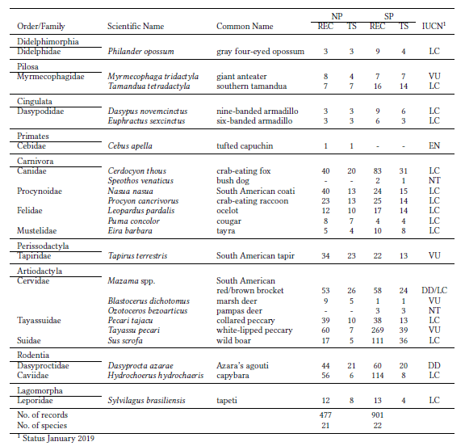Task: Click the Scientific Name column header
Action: tap(136, 27)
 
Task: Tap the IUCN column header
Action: tap(434, 27)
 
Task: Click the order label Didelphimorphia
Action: tap(48, 41)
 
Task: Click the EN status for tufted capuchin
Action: tap(433, 145)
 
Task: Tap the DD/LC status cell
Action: tap(433, 289)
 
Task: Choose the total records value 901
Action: tap(377, 414)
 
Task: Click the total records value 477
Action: tap(325, 414)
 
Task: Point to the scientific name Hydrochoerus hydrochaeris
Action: tap(157, 376)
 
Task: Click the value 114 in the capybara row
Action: tap(377, 376)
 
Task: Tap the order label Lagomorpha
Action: tap(42, 390)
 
